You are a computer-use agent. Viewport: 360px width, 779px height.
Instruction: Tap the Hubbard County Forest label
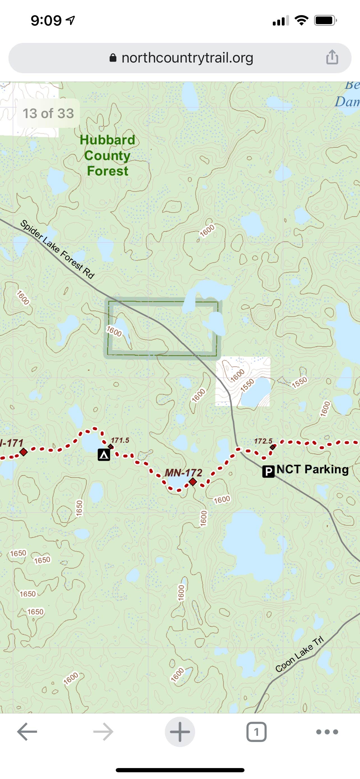tap(107, 155)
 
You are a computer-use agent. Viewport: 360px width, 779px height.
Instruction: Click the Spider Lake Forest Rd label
tap(57, 249)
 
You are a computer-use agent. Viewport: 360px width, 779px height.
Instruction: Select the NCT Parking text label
tap(312, 469)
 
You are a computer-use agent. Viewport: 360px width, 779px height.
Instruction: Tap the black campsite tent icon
tap(104, 455)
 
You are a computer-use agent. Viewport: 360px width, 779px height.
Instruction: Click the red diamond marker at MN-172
tap(193, 481)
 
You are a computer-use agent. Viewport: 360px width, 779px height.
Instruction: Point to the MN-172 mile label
tap(183, 472)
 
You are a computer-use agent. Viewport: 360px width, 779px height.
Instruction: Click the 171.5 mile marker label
tap(120, 440)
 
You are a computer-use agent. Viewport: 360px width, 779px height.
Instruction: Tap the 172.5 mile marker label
tap(263, 441)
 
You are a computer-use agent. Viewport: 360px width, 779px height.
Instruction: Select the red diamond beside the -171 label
tap(23, 452)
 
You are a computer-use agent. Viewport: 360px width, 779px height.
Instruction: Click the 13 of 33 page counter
tap(48, 113)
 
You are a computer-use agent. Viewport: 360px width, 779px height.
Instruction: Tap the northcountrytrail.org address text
tap(187, 58)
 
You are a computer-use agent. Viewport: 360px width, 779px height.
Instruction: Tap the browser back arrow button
tap(27, 732)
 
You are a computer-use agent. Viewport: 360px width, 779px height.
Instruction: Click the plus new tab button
tap(180, 732)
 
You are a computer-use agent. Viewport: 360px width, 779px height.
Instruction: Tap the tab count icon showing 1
tap(256, 732)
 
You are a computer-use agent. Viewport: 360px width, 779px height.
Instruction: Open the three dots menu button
tap(327, 732)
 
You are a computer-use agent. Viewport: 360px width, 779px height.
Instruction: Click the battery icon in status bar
tap(325, 20)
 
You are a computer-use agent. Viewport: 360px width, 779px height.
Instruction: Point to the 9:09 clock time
tap(46, 20)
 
